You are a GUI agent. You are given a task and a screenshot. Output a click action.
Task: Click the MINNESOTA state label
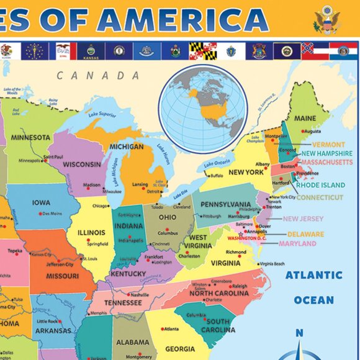[30, 137]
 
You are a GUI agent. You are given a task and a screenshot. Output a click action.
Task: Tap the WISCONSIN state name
[81, 164]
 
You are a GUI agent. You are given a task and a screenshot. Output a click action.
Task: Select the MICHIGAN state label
[127, 147]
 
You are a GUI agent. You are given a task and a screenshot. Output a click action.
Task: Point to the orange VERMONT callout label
[328, 145]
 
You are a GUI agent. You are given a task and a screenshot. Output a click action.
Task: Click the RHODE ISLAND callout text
[320, 185]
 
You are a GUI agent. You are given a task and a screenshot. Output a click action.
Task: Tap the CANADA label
[98, 76]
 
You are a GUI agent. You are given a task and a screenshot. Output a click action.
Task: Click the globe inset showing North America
[203, 108]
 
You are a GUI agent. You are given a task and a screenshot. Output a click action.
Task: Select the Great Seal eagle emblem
[326, 19]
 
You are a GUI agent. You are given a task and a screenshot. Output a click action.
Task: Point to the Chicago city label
[101, 206]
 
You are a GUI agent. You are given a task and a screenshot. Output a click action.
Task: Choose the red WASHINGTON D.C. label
[246, 238]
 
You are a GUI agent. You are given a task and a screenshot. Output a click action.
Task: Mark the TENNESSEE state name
[123, 303]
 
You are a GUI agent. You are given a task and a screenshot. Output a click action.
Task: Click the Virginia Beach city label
[276, 264]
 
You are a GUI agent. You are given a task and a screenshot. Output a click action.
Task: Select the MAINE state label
[305, 118]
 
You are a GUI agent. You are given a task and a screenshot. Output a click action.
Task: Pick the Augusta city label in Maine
[312, 131]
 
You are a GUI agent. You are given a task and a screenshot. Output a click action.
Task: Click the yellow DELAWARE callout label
[305, 235]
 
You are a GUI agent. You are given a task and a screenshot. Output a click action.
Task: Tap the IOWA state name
[42, 203]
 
